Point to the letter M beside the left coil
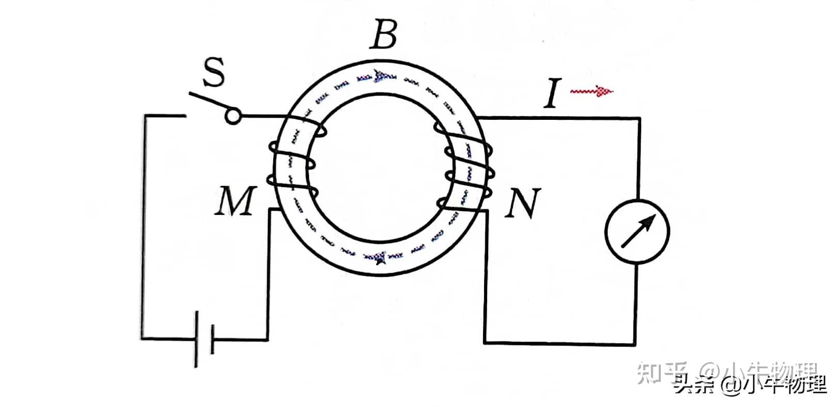(235, 201)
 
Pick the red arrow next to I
(592, 91)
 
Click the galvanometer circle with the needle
(637, 231)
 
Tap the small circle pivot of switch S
(233, 117)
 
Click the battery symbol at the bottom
(205, 339)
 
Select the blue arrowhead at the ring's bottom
(381, 257)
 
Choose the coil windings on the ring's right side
(468, 165)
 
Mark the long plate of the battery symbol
(197, 339)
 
